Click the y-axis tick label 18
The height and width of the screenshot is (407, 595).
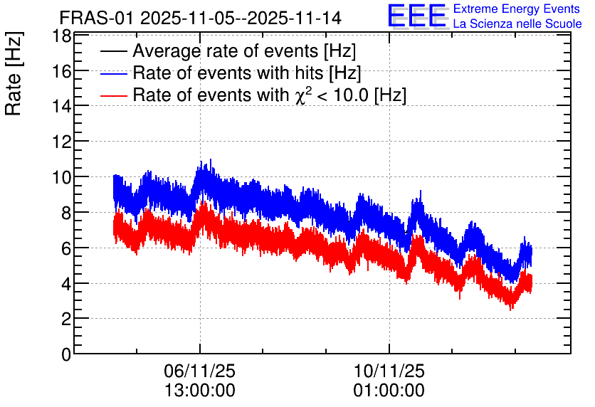click(62, 37)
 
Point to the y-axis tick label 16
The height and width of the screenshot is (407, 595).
click(62, 71)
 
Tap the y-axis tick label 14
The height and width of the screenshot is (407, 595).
click(62, 107)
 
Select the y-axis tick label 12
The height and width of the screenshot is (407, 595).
click(62, 142)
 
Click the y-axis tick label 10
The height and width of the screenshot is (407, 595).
click(62, 177)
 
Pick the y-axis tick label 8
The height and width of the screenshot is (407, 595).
click(66, 213)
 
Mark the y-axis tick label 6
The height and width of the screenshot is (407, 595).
click(66, 248)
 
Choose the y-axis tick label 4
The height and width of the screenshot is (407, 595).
click(66, 284)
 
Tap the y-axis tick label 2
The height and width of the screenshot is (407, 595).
click(66, 319)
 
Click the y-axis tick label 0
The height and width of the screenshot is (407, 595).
click(66, 354)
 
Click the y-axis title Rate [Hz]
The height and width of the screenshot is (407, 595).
click(14, 74)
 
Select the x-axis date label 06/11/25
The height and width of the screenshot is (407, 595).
click(199, 371)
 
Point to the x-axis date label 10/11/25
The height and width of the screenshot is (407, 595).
click(389, 371)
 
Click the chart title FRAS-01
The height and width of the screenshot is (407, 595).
click(96, 18)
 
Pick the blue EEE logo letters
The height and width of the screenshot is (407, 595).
click(416, 16)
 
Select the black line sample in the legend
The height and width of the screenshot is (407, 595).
click(113, 51)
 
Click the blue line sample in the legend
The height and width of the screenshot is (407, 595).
click(113, 73)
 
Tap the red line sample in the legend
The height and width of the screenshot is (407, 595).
click(113, 95)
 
